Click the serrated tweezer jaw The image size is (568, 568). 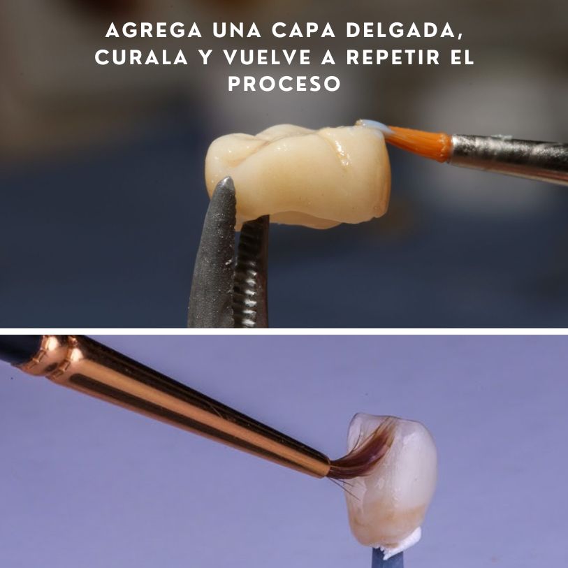(252, 279)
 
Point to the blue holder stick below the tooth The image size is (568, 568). (381, 559)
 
